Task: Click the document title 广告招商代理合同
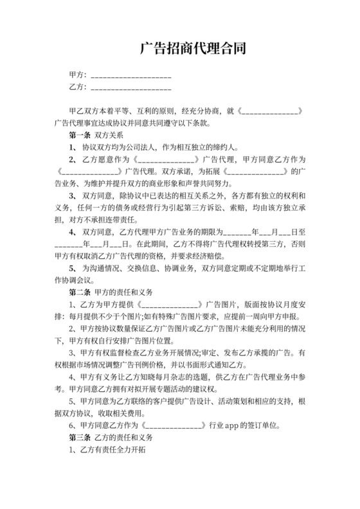tap(192, 49)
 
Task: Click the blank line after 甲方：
tap(131, 75)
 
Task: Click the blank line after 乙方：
tap(131, 86)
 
